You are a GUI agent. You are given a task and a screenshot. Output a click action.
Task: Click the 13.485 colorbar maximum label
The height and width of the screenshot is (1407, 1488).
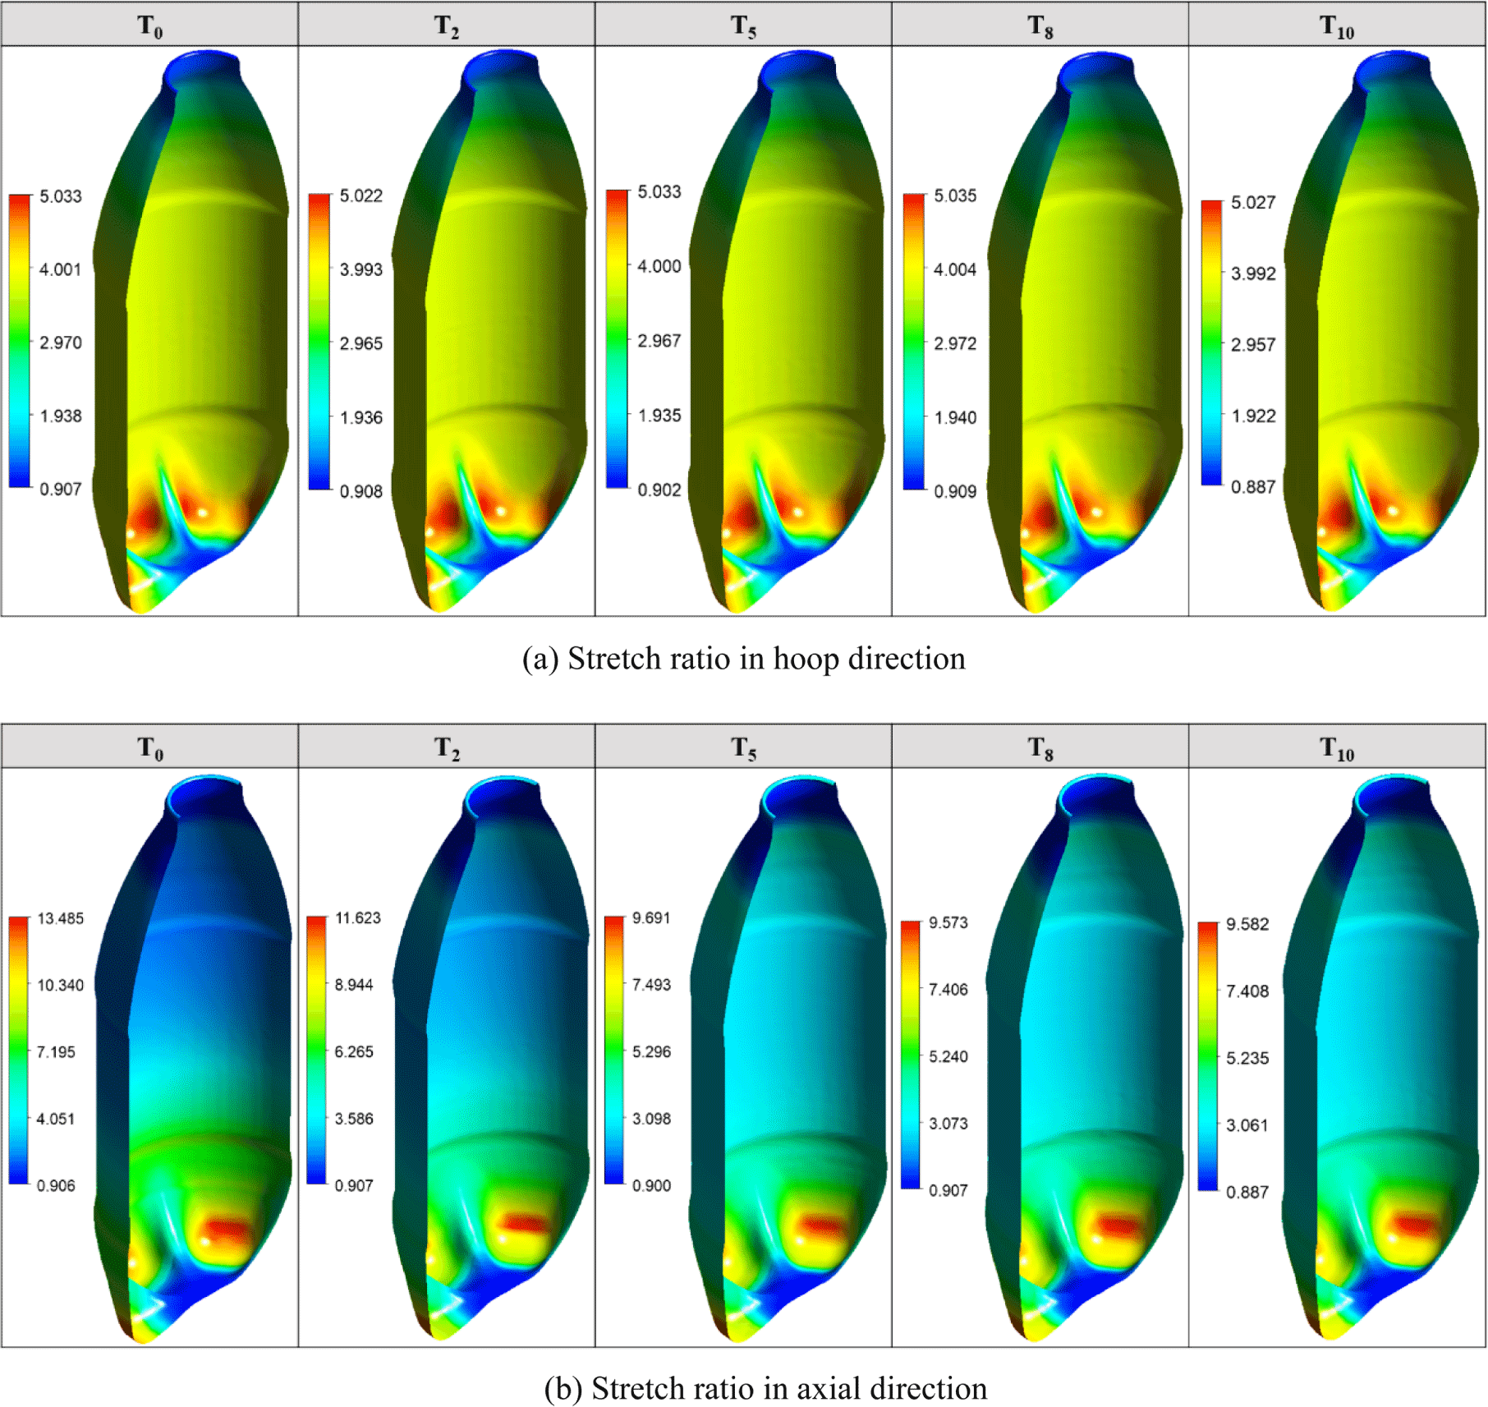(61, 918)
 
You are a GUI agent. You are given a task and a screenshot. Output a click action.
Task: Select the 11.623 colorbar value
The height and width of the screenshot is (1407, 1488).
(358, 917)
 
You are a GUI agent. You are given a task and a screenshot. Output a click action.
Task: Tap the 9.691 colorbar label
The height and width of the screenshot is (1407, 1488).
(652, 917)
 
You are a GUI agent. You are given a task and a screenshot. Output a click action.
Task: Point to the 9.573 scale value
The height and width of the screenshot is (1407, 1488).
(948, 922)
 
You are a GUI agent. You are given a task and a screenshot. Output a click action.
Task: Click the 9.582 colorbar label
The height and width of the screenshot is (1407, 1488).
(1247, 924)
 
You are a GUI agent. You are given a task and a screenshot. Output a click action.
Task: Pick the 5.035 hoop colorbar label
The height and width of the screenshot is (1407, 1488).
(955, 195)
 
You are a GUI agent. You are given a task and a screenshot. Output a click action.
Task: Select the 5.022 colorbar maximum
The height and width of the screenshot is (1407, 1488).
(361, 195)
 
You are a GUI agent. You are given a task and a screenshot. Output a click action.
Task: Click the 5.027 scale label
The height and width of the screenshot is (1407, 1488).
(1253, 202)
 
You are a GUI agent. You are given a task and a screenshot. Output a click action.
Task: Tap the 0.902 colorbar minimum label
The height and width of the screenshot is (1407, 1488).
(659, 490)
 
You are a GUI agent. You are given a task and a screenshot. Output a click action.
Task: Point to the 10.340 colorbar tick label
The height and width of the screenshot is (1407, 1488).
(61, 985)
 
